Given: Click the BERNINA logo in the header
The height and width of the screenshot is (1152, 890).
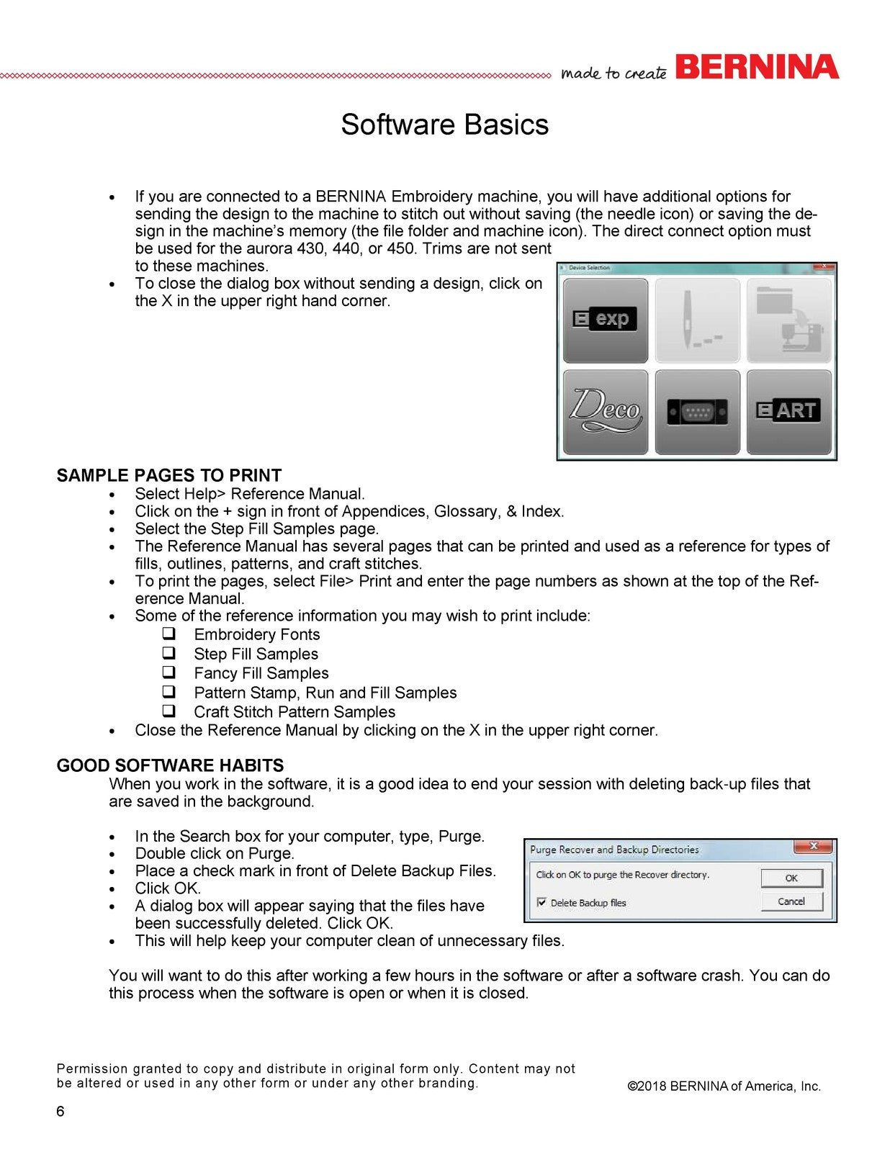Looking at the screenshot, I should coord(758,67).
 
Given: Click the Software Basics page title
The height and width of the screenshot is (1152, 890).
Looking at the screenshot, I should coord(444,125).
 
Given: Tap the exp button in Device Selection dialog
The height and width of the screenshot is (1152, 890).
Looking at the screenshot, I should coord(605,320).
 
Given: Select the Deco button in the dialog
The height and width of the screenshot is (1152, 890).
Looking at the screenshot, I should coord(605,412).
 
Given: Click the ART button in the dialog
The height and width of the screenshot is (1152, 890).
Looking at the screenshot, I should coord(788,412).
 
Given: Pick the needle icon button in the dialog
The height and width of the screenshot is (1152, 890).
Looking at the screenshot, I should coord(697,320).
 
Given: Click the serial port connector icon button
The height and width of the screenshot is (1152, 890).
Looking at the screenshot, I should coord(697,412).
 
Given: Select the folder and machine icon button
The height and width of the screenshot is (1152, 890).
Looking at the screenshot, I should coord(788,320).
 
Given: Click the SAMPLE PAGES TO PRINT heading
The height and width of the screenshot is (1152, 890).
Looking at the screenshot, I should coord(169,475).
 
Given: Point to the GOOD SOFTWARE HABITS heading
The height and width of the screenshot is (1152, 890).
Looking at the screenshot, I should coord(171,765).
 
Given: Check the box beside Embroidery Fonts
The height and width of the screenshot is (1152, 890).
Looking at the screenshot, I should coord(169,634).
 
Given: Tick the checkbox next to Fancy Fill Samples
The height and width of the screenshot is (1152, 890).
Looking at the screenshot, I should coord(169,672).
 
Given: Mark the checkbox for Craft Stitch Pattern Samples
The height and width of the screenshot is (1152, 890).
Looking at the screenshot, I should coord(169,711).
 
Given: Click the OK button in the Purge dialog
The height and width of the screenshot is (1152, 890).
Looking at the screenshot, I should coord(791,878).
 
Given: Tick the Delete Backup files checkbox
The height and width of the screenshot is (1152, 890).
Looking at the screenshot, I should coord(541,902).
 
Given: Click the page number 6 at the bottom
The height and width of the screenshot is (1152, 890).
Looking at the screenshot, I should coord(60,1111).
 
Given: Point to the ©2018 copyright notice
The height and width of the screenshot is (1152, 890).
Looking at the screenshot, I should coord(724,1086).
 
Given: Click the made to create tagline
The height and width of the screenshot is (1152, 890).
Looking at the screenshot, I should coord(613,73).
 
